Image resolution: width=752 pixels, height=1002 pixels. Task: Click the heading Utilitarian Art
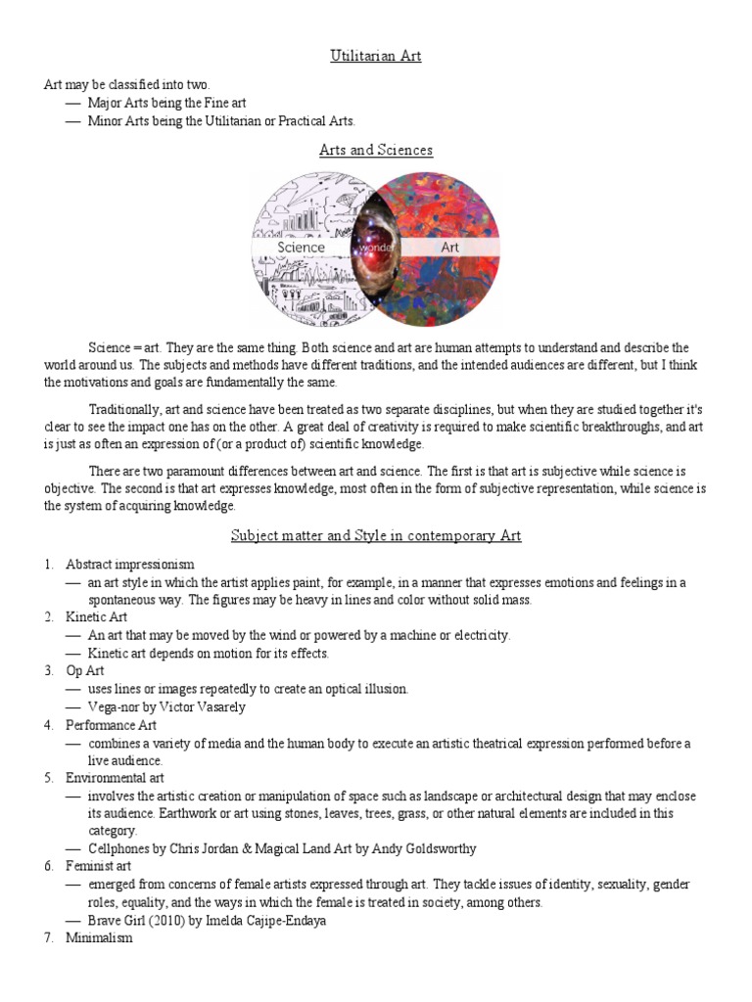[x=376, y=56]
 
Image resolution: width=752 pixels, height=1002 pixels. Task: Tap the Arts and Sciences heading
[x=376, y=150]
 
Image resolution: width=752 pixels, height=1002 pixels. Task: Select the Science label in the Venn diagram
[x=302, y=248]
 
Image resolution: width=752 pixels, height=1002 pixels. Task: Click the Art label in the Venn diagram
[x=449, y=248]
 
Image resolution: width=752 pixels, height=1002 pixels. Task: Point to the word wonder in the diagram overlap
[x=376, y=249]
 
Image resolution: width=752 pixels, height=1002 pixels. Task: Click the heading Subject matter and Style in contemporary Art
[x=376, y=535]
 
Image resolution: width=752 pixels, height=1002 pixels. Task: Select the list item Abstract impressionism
[x=130, y=565]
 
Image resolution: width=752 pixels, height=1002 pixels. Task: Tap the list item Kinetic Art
[x=96, y=617]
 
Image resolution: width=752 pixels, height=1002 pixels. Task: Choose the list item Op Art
[x=85, y=670]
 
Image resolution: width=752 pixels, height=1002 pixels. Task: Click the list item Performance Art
[x=111, y=725]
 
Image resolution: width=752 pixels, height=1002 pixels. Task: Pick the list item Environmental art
[x=115, y=778]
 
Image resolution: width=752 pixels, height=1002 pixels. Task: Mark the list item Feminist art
[x=98, y=866]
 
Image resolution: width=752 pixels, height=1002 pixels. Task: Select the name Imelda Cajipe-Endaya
[x=271, y=921]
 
